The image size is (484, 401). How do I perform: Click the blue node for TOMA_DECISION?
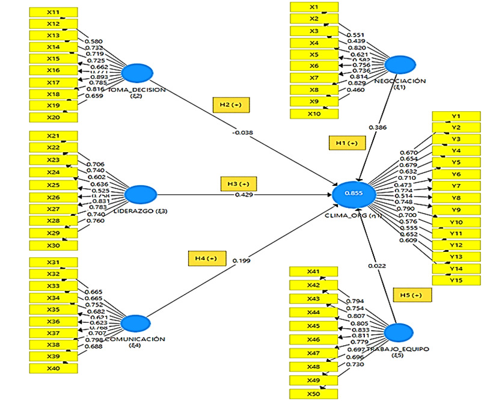(139, 73)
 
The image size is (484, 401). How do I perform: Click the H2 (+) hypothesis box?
(231, 104)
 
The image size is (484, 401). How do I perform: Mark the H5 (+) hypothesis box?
(412, 295)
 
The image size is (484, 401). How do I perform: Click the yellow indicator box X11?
(53, 12)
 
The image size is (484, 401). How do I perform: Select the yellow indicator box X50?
(313, 394)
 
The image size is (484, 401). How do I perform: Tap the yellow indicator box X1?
(313, 7)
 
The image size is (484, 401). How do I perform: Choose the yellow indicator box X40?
(53, 367)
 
